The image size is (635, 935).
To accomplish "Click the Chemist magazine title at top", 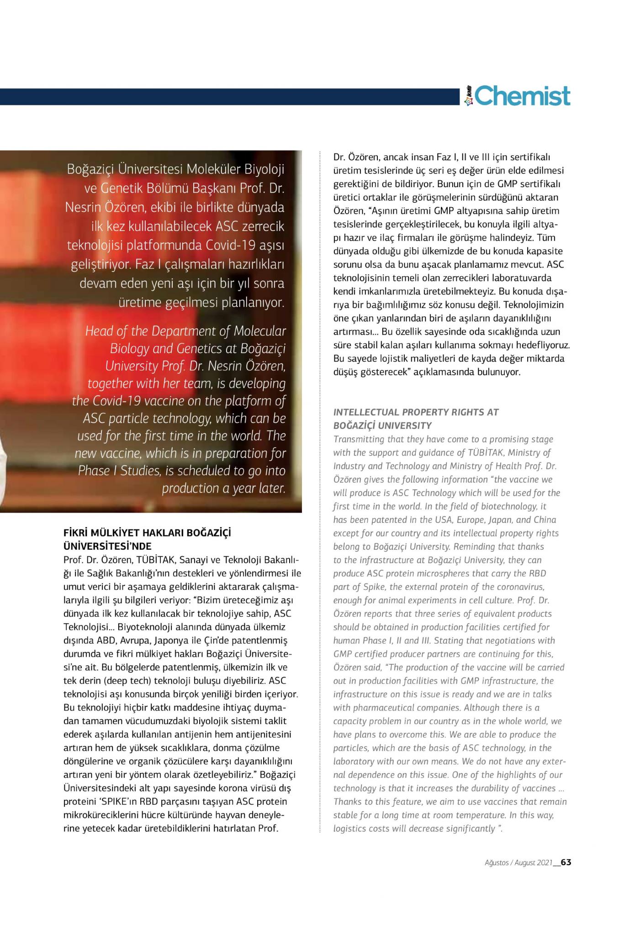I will pos(522,96).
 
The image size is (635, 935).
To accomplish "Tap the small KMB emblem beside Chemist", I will pos(467,96).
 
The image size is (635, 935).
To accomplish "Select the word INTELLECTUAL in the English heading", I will pos(366,412).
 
